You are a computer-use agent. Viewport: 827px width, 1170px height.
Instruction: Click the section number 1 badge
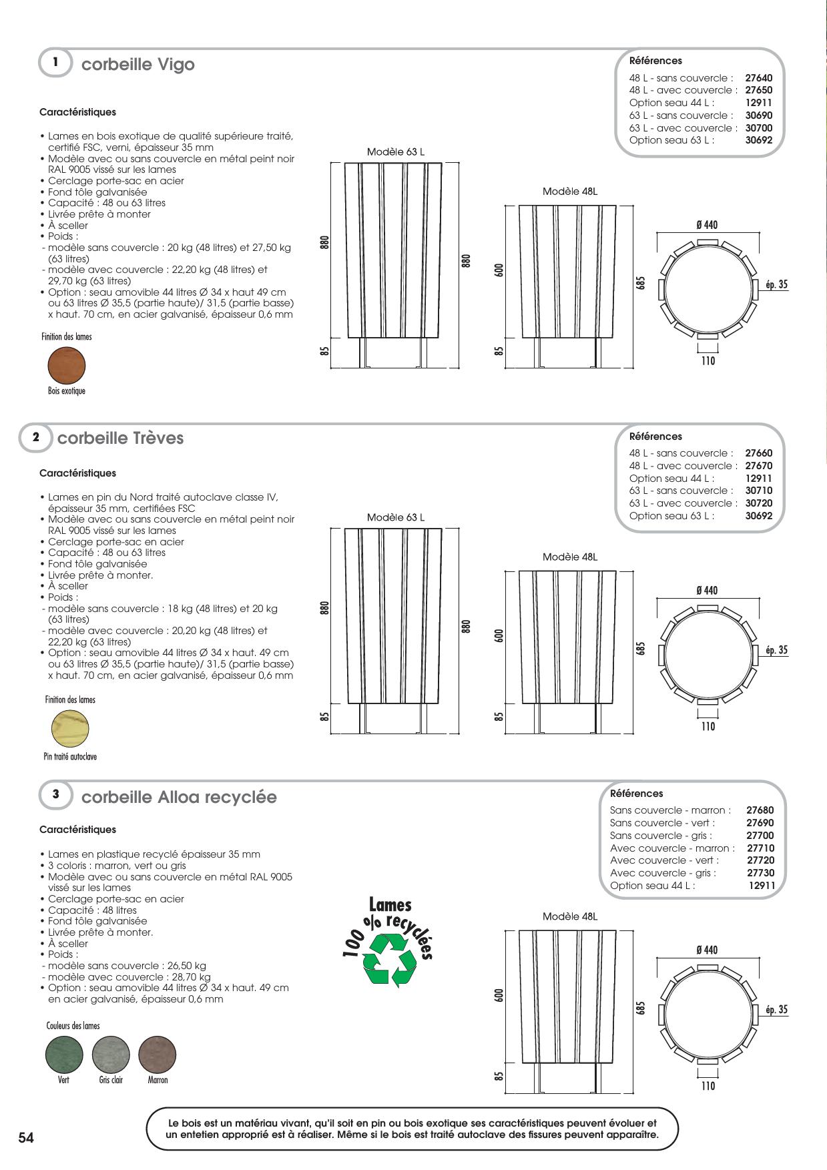tap(55, 63)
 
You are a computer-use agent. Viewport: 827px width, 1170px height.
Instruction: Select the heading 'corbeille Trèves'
tap(120, 438)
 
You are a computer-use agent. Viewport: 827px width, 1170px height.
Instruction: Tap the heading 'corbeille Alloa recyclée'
tap(178, 798)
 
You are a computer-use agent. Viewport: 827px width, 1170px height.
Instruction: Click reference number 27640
tap(759, 78)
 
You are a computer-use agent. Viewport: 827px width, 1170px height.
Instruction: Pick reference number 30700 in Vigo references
tap(759, 128)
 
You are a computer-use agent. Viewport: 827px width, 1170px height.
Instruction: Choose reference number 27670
tap(759, 466)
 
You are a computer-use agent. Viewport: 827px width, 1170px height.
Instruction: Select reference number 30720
tap(759, 503)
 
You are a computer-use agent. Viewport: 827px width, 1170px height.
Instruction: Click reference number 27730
tap(761, 873)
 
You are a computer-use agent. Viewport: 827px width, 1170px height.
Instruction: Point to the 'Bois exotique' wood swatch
tap(67, 365)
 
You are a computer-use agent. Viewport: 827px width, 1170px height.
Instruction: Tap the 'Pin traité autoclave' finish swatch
tap(70, 729)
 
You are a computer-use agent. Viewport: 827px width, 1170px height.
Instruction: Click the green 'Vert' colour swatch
tap(64, 1055)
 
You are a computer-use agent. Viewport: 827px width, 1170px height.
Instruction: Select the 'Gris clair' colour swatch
tap(111, 1055)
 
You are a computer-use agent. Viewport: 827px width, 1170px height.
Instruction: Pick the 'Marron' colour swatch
tap(158, 1055)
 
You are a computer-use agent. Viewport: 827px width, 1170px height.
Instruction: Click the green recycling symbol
tap(389, 960)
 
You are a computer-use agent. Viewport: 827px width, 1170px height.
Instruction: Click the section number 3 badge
tap(55, 794)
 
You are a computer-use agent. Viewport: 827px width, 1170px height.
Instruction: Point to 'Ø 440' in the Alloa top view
tap(707, 950)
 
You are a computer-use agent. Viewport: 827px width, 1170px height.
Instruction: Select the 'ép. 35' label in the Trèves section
tap(776, 650)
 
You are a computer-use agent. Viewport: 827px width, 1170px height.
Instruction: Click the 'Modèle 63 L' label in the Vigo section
tap(396, 152)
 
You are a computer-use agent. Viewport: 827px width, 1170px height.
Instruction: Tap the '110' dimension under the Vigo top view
tap(708, 361)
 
